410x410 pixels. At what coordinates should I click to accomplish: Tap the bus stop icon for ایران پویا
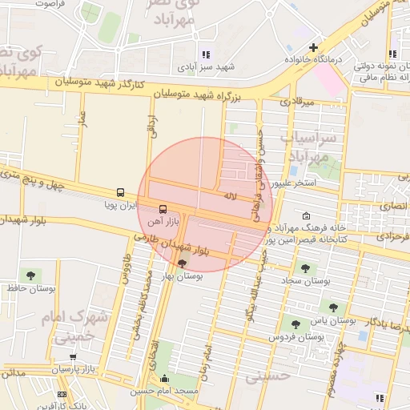(120, 193)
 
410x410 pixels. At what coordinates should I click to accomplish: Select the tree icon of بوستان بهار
(183, 263)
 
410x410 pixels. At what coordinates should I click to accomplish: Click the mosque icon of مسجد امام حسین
(165, 380)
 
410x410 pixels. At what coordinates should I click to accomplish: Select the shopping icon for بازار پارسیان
(74, 357)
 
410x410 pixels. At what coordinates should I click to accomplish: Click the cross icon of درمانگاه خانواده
(313, 47)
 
